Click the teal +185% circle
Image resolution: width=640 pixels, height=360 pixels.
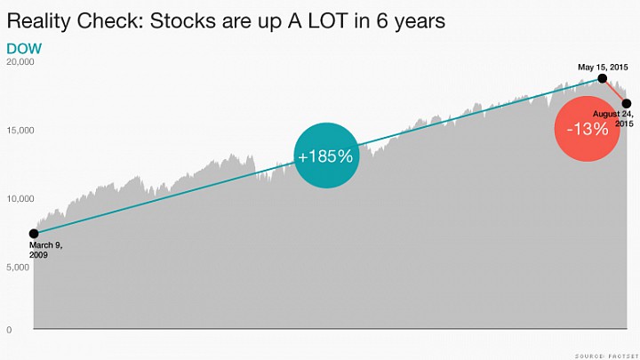tap(326, 156)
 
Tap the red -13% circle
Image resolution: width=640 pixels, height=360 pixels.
tap(587, 129)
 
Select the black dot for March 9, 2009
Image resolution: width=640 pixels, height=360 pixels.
tap(34, 234)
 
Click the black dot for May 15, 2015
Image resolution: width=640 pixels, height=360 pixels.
tap(602, 78)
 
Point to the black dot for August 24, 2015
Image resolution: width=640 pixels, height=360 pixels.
tap(627, 104)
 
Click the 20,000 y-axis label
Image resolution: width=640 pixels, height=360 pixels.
tap(20, 62)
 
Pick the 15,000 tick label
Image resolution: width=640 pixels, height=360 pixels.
tap(20, 131)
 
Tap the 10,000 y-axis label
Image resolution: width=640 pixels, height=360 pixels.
tap(20, 199)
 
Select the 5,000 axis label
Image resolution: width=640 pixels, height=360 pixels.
tap(18, 268)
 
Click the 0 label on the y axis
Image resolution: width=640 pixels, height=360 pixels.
tap(9, 330)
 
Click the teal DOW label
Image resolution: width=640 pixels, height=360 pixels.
tap(24, 49)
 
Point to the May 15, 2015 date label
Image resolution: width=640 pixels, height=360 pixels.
tap(603, 67)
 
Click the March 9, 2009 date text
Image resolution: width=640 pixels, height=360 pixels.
tap(45, 250)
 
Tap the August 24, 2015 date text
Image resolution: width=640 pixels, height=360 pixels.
tap(613, 118)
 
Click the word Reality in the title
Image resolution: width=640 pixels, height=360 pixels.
tap(39, 21)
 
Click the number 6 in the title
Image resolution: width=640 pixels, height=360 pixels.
tap(382, 20)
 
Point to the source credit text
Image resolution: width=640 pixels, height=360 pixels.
tap(606, 356)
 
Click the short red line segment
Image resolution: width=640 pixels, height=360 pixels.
tap(614, 91)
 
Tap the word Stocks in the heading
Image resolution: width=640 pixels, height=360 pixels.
tap(182, 20)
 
